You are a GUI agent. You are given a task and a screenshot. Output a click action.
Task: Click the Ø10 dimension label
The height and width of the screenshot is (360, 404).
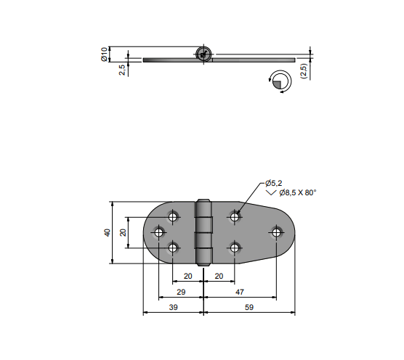tap(104, 54)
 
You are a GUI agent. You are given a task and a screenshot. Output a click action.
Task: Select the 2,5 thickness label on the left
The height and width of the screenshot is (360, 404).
tap(122, 70)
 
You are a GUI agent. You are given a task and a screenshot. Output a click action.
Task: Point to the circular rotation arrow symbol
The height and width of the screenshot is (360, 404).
tap(280, 81)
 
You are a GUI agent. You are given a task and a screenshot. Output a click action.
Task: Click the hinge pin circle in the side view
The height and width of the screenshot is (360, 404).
tap(203, 54)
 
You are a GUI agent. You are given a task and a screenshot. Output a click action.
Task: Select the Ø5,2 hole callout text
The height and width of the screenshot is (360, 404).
tap(274, 183)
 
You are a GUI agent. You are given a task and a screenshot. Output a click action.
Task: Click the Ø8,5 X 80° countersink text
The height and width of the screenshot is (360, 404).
tap(298, 192)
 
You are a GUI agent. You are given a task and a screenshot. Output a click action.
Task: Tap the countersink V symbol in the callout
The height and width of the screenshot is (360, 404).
tap(271, 192)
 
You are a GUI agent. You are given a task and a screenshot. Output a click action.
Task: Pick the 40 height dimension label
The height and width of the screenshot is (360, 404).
tap(108, 232)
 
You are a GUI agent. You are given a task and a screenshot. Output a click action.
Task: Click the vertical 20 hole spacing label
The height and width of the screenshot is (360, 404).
tap(123, 232)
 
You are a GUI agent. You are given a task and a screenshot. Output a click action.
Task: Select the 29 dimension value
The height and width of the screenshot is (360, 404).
tap(181, 292)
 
